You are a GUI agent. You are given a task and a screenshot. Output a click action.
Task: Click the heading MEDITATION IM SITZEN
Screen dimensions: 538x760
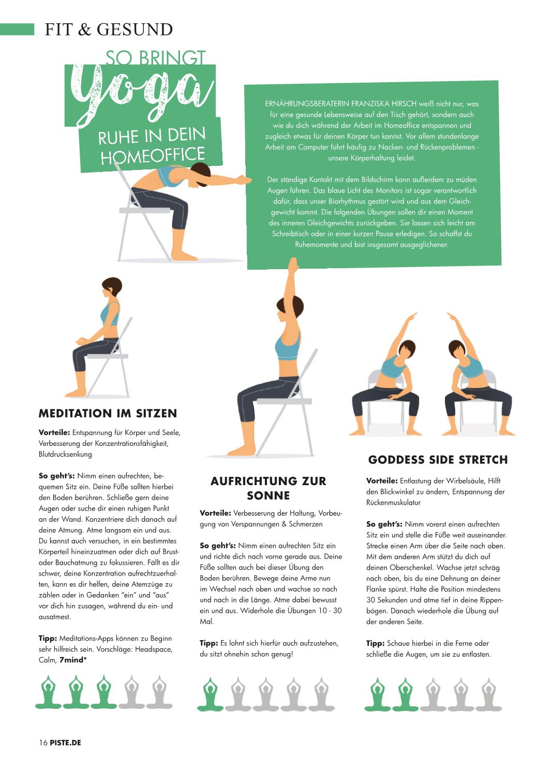click(x=108, y=413)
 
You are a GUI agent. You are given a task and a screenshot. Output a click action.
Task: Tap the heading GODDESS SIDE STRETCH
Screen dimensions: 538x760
click(x=438, y=460)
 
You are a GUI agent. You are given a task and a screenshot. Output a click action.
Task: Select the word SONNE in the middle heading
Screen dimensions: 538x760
click(x=268, y=495)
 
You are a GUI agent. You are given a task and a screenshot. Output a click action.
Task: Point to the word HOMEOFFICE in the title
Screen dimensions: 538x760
click(x=153, y=156)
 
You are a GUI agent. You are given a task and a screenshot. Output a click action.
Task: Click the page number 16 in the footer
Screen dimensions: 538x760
click(x=43, y=743)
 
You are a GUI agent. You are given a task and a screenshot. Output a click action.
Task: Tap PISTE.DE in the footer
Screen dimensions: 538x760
click(x=66, y=743)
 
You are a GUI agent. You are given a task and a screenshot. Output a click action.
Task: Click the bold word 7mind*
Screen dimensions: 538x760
click(x=73, y=660)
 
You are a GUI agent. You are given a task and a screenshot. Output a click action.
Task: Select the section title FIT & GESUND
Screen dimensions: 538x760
click(x=109, y=29)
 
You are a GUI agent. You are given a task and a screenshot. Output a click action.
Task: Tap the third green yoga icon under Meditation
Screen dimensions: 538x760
click(x=103, y=692)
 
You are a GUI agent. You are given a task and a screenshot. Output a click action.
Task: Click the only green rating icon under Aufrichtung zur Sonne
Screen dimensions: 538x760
click(x=210, y=694)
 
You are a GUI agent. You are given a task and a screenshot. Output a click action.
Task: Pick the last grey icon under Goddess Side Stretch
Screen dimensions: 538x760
click(x=488, y=694)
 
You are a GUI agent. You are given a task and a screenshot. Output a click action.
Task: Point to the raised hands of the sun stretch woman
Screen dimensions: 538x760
click(x=293, y=265)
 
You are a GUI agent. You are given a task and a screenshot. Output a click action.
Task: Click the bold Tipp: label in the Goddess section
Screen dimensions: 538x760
click(x=376, y=643)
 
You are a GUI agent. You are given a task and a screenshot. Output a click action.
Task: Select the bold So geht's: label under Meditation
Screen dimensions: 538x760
click(x=57, y=476)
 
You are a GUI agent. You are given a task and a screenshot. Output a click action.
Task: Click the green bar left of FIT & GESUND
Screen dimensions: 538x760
click(x=17, y=29)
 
